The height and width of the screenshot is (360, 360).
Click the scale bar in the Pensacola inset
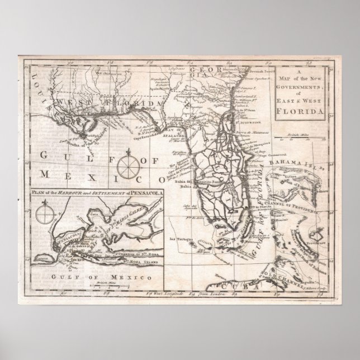pyautogui.click(x=106, y=287)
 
